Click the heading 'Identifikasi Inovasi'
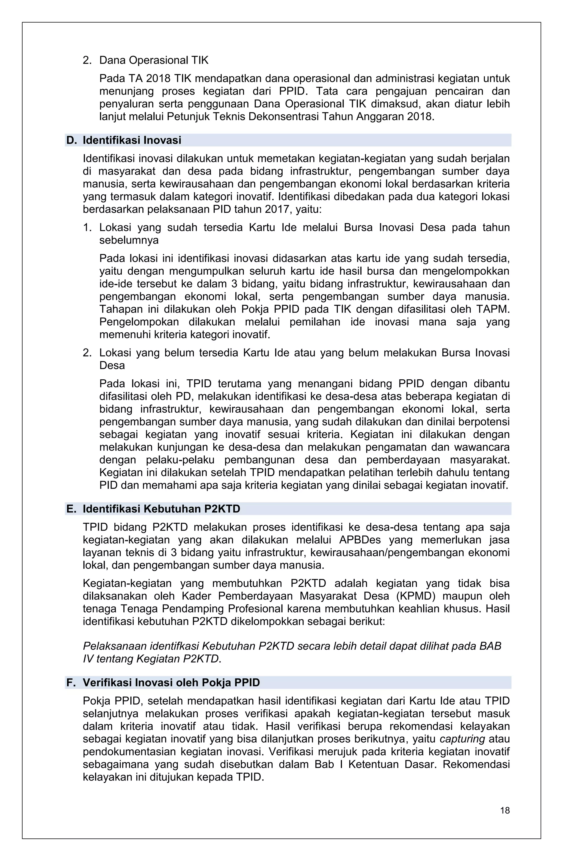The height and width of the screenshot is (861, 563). [x=132, y=140]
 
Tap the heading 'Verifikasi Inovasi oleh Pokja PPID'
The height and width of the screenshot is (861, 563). [x=171, y=682]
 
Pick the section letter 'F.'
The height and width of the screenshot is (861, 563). [x=71, y=682]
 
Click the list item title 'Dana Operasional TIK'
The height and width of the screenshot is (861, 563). [x=154, y=60]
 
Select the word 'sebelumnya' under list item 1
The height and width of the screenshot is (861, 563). [x=129, y=240]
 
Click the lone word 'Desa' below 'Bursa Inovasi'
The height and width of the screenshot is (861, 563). [x=112, y=365]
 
